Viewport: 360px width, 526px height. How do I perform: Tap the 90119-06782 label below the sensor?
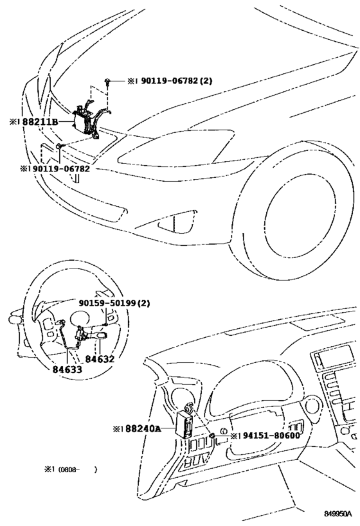point(55,169)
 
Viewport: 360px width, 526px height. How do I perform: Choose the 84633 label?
point(67,369)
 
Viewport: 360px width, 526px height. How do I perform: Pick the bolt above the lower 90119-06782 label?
point(59,147)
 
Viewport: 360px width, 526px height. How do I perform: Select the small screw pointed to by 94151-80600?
point(211,435)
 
